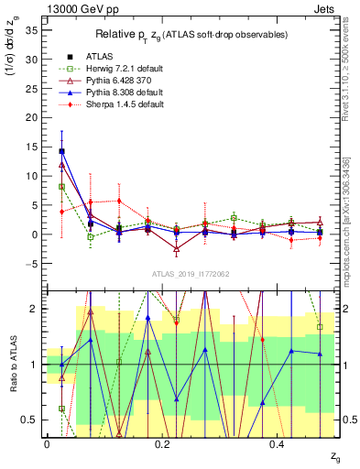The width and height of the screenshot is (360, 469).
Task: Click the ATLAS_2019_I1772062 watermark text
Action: [191, 274]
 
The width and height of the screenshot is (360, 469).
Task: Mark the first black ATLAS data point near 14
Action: [61, 151]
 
